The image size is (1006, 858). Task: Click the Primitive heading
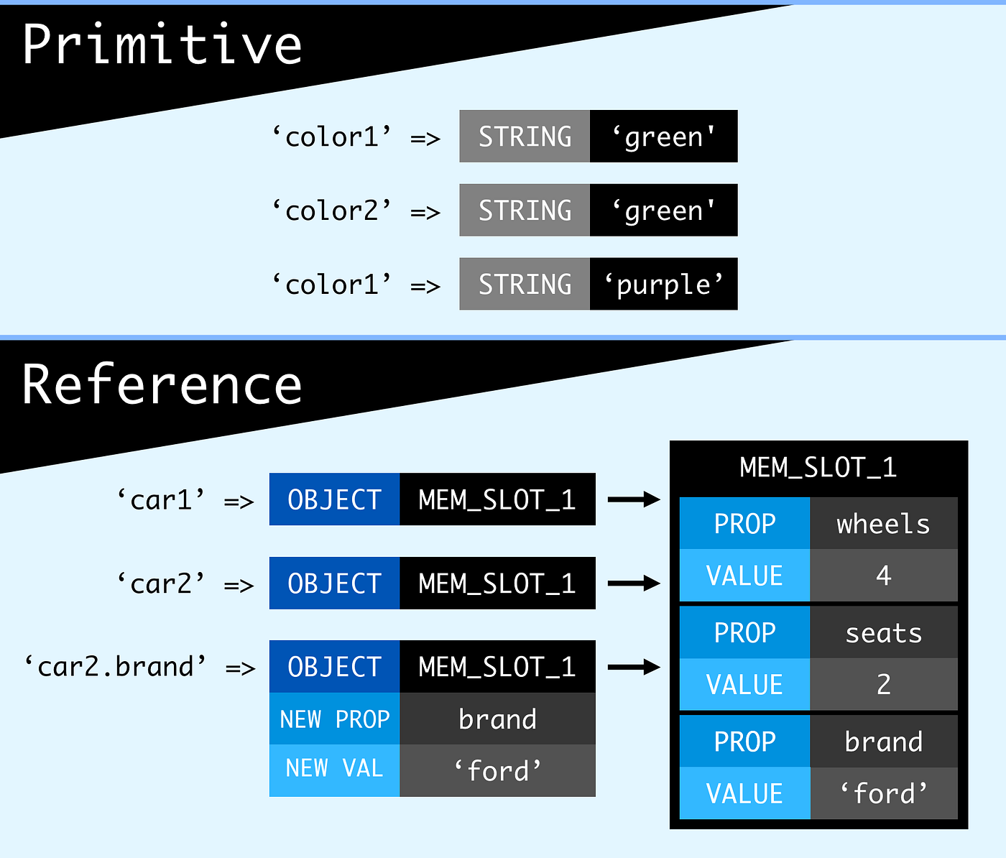coord(162,45)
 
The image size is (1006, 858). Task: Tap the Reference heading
coord(162,385)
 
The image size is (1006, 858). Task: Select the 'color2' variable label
coord(332,211)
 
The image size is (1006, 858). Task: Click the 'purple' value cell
coord(663,285)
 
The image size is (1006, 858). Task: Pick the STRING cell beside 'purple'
coord(525,285)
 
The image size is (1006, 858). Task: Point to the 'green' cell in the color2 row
coord(663,211)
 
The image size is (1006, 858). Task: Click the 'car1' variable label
coord(162,499)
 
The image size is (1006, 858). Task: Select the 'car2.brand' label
coord(116,667)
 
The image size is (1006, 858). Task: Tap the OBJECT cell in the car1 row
coord(334,499)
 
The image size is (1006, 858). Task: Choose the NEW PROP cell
coord(334,719)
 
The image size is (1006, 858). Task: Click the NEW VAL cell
coord(334,769)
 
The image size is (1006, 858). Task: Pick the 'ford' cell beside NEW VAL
coord(497,770)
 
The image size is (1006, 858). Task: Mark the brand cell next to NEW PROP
coord(497,719)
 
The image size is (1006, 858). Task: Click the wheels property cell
coord(883,524)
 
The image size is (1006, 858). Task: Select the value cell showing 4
coord(883,576)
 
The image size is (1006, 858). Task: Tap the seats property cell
coord(883,633)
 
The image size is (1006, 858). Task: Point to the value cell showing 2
coord(883,685)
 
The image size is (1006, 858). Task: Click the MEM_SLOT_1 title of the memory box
coord(818,468)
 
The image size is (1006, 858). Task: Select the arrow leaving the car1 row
coord(633,499)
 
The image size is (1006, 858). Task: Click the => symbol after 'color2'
coord(425,212)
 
